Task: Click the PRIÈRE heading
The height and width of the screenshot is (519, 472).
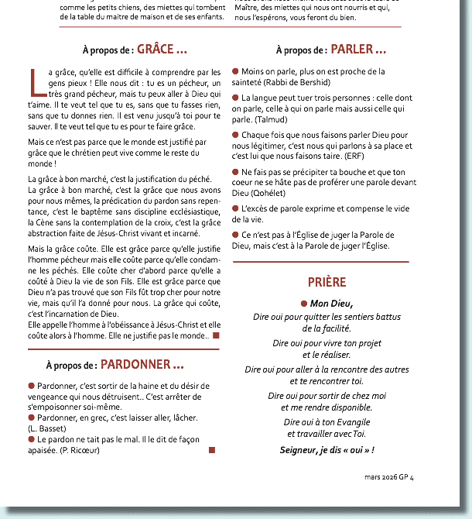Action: [x=327, y=282]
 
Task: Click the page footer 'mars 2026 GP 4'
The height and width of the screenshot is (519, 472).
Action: [x=389, y=477]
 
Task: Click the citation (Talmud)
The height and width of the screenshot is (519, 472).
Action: [x=271, y=119]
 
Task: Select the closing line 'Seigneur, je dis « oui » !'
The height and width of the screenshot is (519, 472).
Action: [x=327, y=449]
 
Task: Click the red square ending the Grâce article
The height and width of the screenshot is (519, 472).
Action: [x=216, y=335]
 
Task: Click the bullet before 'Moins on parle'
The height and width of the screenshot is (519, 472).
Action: [x=236, y=71]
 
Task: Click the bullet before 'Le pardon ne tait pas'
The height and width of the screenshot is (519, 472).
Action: [x=31, y=439]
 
